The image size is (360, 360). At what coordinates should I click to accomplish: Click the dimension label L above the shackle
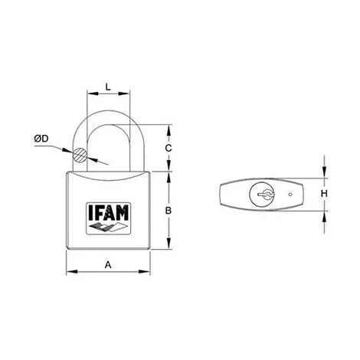108,87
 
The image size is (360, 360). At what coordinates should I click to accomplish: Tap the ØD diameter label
41,139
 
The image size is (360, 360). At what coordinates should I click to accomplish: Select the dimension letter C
169,148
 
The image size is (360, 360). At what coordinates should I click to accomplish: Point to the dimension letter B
169,211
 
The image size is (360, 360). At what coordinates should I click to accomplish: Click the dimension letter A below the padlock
108,265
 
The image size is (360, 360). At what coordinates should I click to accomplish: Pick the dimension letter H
324,194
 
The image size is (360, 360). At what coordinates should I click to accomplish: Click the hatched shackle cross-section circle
80,155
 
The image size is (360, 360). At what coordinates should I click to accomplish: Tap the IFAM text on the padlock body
108,213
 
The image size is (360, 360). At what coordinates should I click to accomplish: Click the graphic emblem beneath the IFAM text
108,227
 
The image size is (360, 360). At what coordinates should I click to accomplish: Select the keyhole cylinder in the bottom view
262,195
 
